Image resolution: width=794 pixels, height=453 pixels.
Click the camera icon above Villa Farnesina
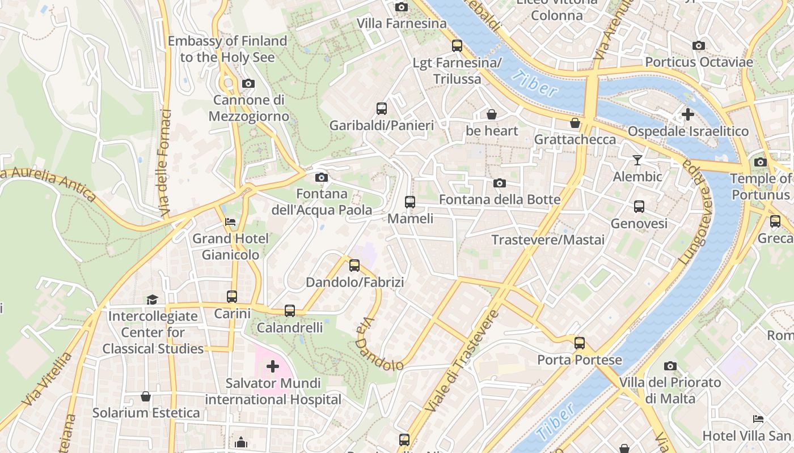[402, 7]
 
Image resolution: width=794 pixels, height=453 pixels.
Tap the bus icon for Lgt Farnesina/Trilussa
[457, 46]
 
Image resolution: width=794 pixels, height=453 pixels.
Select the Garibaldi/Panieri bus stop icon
[382, 108]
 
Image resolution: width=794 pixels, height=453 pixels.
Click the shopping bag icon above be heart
[492, 114]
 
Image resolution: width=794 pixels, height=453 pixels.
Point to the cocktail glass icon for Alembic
[637, 160]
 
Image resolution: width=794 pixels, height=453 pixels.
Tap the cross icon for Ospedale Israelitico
[687, 114]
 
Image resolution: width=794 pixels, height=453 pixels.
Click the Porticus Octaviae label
[699, 62]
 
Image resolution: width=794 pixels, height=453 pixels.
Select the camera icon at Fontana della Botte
[500, 183]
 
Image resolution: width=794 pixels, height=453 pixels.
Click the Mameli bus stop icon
[409, 202]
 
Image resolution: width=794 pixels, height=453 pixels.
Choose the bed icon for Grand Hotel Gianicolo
[230, 221]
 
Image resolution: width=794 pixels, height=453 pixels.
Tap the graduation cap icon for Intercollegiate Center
[152, 299]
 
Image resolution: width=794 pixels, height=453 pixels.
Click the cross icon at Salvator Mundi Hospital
[273, 366]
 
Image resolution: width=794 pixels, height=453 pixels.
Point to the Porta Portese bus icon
[579, 343]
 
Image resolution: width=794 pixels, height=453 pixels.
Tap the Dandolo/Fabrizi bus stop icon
[354, 265]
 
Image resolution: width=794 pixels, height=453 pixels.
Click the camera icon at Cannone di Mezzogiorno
[248, 84]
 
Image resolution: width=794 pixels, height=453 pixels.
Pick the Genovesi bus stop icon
[639, 207]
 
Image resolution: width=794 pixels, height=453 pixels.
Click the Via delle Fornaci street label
[166, 163]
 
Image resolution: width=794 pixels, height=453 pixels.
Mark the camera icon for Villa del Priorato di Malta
[670, 366]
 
